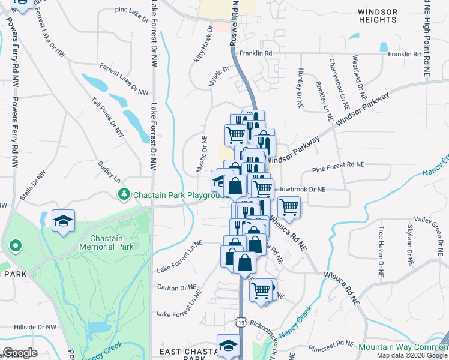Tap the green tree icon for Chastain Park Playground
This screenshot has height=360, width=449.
click(x=124, y=194)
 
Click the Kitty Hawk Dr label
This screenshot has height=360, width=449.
click(x=203, y=45)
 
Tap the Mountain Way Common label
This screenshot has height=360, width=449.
click(x=403, y=347)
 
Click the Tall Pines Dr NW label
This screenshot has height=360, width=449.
click(x=107, y=118)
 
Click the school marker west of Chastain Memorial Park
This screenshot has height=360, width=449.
click(x=63, y=220)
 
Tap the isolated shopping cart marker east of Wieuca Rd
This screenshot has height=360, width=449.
click(x=289, y=207)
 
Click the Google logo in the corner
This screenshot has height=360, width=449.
click(x=20, y=353)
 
